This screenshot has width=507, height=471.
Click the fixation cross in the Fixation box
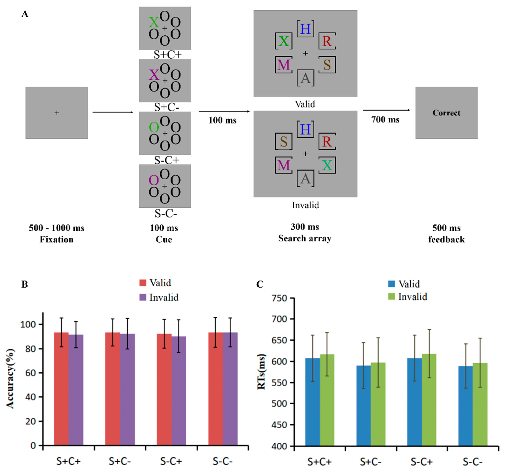click(x=57, y=113)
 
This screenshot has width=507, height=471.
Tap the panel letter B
click(x=24, y=284)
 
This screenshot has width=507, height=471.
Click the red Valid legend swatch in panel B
click(x=143, y=283)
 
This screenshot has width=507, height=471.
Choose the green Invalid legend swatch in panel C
click(x=391, y=296)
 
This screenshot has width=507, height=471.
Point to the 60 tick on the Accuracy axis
click(x=30, y=373)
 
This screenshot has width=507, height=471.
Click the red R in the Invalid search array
click(x=327, y=141)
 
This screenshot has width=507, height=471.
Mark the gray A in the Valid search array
click(x=305, y=78)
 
